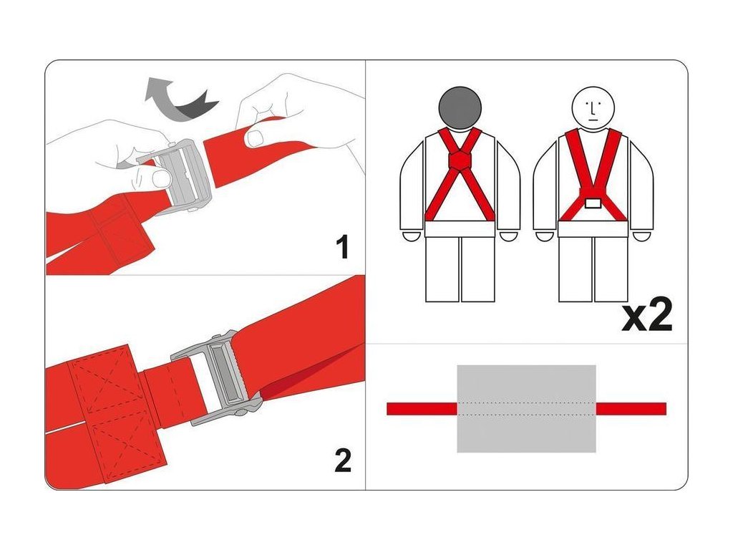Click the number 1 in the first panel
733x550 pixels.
pyautogui.click(x=343, y=247)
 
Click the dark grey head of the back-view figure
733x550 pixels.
pyautogui.click(x=460, y=108)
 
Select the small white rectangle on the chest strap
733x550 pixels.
pyautogui.click(x=593, y=203)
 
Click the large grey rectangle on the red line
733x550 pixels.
pyautogui.click(x=526, y=409)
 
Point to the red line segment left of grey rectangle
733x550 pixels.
pyautogui.click(x=422, y=409)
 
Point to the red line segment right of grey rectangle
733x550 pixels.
pyautogui.click(x=631, y=409)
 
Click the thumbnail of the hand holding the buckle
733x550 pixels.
pyautogui.click(x=162, y=178)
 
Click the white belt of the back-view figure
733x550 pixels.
pyautogui.click(x=460, y=229)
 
